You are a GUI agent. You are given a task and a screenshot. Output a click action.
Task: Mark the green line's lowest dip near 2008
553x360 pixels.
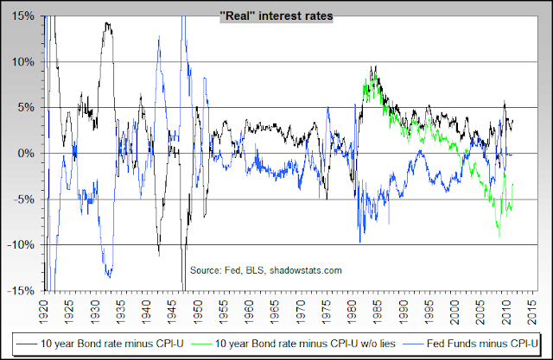(x=499, y=235)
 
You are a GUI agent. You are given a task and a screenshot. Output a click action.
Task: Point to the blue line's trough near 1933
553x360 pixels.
(x=110, y=276)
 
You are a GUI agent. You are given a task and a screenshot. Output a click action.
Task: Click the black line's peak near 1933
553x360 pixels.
(x=107, y=23)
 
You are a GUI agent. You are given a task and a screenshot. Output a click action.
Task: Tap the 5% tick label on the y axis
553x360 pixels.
(x=26, y=107)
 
